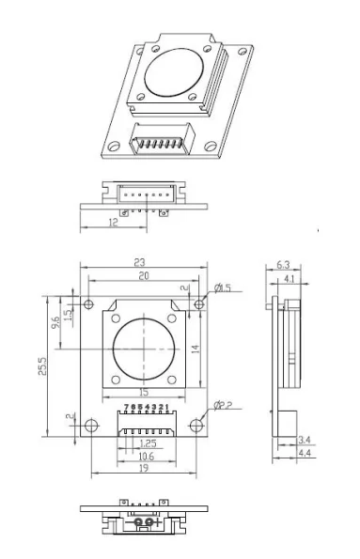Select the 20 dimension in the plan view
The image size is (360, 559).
143,277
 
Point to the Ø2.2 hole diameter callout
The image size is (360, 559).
224,405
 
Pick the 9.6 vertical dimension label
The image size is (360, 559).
55,321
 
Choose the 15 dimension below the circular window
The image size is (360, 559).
143,391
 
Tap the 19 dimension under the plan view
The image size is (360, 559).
143,469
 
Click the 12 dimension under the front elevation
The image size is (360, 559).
112,222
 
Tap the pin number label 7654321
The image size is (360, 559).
146,406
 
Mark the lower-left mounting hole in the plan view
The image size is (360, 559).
90,425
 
